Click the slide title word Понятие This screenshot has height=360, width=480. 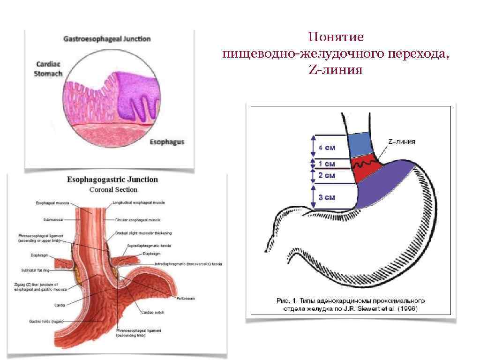(336, 37)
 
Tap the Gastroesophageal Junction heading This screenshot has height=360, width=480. (107, 39)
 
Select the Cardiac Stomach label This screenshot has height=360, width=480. (48, 68)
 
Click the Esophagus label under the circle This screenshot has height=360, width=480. (166, 142)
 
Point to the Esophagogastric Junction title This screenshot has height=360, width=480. (112, 180)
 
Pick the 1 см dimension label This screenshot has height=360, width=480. (327, 164)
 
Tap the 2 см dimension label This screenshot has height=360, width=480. (327, 175)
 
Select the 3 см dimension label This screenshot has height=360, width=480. (327, 197)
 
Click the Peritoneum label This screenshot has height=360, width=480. (186, 298)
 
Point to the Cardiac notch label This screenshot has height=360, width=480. (152, 312)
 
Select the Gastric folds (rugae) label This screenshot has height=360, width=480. (45, 321)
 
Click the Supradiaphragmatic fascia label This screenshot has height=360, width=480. (149, 246)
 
